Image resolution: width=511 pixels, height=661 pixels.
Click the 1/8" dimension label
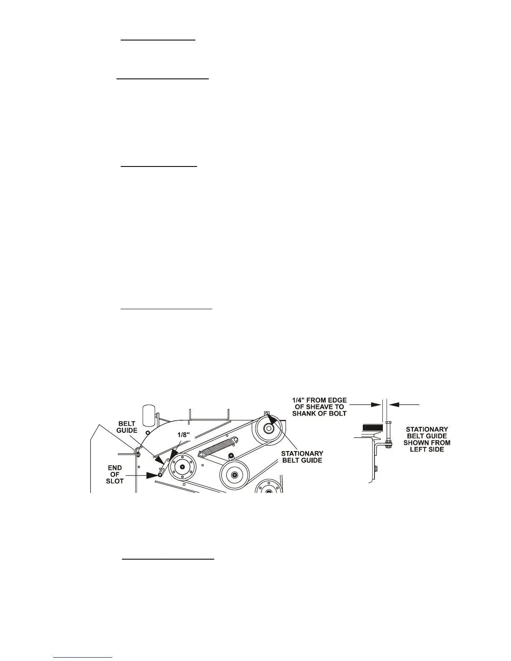[182, 435]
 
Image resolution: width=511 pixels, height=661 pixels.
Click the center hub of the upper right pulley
[268, 429]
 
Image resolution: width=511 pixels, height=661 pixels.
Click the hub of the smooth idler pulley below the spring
[235, 474]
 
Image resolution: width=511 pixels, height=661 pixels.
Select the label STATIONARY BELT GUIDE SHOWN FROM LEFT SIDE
[427, 439]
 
